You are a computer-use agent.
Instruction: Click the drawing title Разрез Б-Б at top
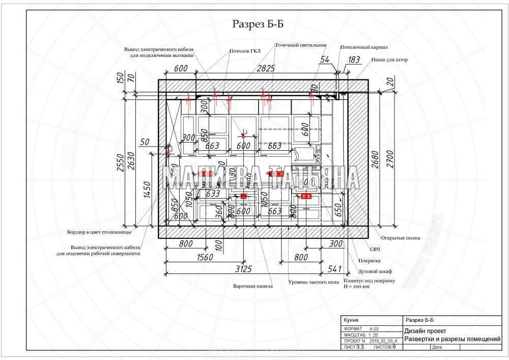coord(258,23)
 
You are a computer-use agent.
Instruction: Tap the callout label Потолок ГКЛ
coord(245,51)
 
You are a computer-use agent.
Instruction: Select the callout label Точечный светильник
coord(300,45)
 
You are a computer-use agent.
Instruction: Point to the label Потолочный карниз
coord(364,47)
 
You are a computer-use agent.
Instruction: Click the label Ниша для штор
coord(389,60)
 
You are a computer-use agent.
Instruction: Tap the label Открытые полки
coord(401,238)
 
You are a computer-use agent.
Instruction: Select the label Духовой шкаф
coord(375,271)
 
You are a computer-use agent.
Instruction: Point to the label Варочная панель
coord(253,286)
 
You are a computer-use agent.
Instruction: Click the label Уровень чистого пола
coord(314,282)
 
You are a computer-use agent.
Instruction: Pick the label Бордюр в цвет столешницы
coord(99,232)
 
